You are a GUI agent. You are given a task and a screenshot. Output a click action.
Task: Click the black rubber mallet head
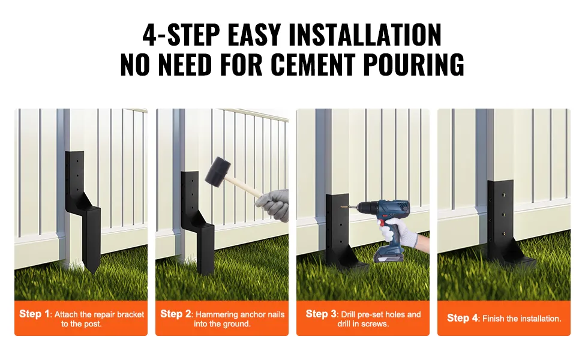pos(218,171)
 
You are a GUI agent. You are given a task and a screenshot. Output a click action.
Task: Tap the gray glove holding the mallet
pos(273,205)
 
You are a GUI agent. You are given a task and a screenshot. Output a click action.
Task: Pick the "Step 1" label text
pos(34,314)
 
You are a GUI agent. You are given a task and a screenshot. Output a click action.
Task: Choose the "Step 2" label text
pos(176,314)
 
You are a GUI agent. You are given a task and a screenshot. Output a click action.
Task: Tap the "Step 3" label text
pos(321,314)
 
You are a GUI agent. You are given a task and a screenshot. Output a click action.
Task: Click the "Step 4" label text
pos(463,318)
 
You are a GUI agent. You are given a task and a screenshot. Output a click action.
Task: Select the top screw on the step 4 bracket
pos(503,194)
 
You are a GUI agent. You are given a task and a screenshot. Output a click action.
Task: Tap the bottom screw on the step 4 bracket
pos(503,234)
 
